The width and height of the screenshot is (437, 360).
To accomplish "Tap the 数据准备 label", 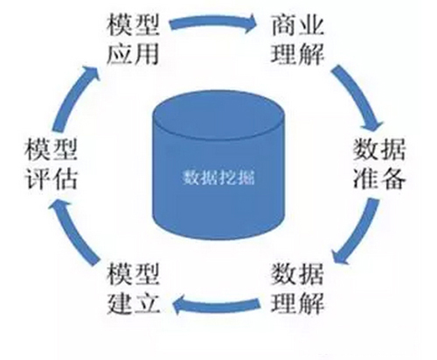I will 378,163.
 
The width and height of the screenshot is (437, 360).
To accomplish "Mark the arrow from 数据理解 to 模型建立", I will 214,305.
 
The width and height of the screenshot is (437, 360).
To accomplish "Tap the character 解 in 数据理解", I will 313,305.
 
